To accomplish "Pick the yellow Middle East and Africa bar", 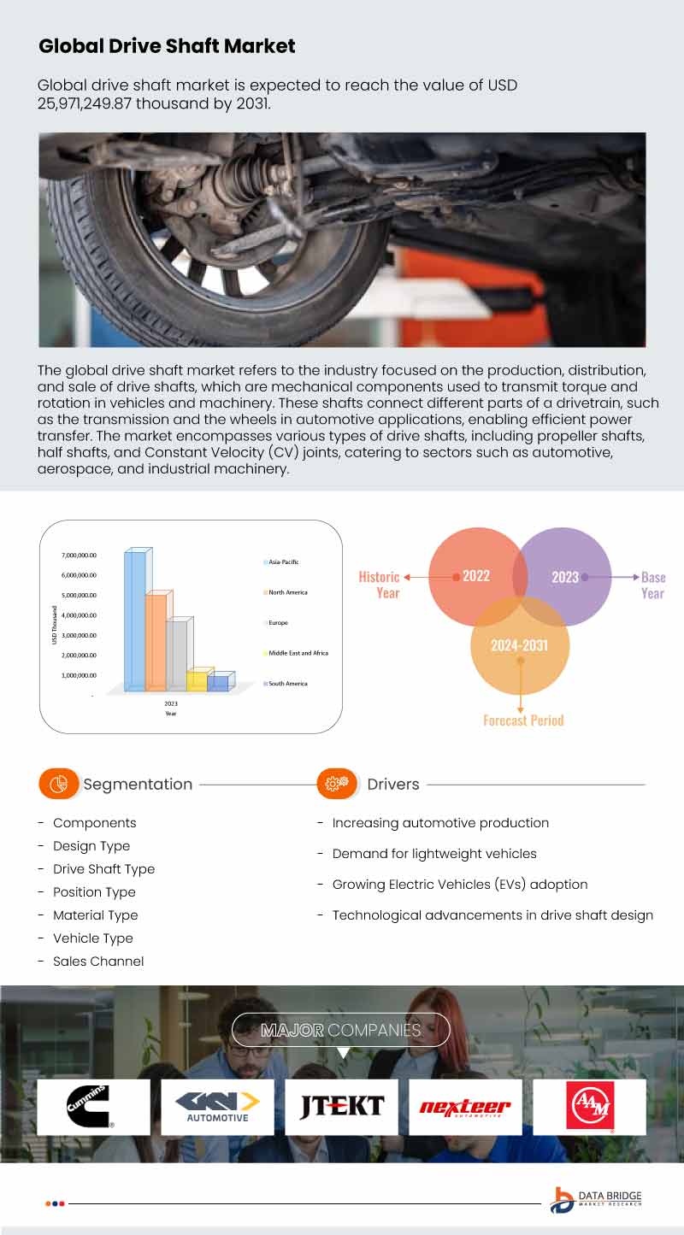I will [198, 680].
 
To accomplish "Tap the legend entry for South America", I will [286, 684].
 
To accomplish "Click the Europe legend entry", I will [277, 623].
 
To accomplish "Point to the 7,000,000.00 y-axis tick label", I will [79, 556].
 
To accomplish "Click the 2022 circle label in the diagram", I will [475, 576].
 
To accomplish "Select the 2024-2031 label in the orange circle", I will [519, 645].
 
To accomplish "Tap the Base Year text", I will [652, 585].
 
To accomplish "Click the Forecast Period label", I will [523, 720].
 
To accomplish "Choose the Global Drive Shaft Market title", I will [167, 46].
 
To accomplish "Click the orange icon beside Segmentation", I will [58, 784].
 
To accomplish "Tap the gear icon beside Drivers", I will [337, 783].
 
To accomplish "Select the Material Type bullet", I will [95, 914].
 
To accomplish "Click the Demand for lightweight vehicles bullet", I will [434, 853].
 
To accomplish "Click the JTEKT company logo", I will [341, 1107].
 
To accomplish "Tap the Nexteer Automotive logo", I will [465, 1108].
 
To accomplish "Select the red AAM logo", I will [590, 1107].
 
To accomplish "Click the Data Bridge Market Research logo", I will [596, 1200].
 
